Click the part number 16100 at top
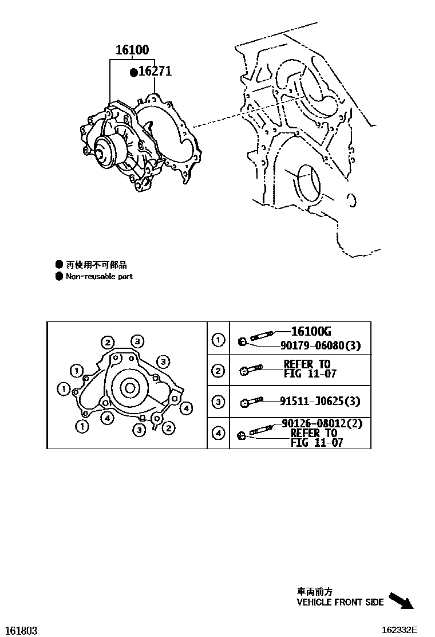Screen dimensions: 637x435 pos(132,50)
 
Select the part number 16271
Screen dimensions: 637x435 pos(155,72)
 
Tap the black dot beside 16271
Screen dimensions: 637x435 pos(133,72)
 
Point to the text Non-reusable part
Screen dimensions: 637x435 pos(99,276)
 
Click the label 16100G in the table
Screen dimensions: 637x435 pos(311,331)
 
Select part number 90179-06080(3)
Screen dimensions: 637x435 pos(320,346)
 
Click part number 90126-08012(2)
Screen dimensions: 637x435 pos(322,424)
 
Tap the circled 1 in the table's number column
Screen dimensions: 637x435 pos(218,341)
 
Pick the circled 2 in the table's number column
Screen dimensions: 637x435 pos(218,371)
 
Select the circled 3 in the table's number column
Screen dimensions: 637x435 pos(218,402)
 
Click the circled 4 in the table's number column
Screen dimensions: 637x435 pos(218,433)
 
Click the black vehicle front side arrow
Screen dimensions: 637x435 pos(401,601)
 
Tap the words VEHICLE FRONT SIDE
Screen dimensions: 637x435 pos(340,603)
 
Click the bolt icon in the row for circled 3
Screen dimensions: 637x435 pos(250,402)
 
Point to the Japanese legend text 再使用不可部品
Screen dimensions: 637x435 pos(96,265)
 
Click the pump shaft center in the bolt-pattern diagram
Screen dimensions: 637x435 pos(129,388)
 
